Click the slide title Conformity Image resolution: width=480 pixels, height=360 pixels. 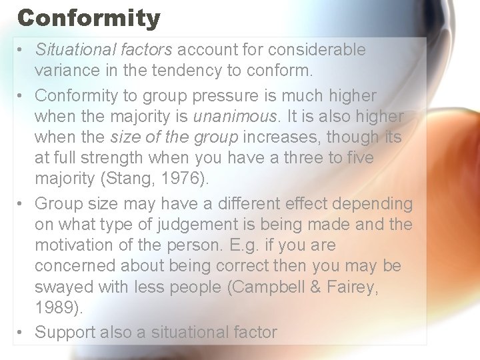click(89, 17)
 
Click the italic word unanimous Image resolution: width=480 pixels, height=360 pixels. click(234, 117)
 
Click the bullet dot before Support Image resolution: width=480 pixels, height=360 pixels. click(22, 332)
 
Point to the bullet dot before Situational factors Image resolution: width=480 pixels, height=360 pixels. click(22, 49)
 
